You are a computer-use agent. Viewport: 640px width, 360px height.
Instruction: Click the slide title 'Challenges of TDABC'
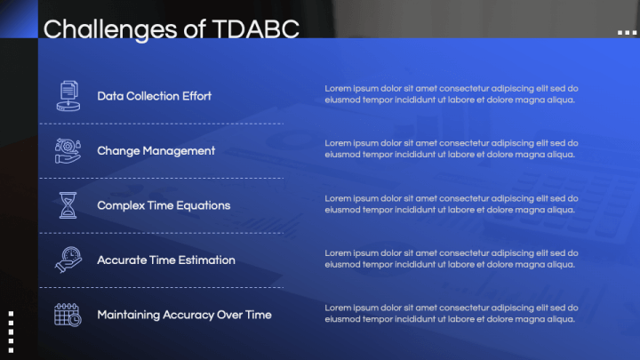[x=172, y=30]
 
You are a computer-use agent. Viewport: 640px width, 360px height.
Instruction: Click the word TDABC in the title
[x=256, y=29]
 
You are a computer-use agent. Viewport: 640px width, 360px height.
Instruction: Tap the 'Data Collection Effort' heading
[x=155, y=96]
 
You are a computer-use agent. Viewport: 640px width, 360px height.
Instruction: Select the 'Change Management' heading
[x=156, y=151]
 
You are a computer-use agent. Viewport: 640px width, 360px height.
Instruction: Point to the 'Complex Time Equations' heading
[x=164, y=205]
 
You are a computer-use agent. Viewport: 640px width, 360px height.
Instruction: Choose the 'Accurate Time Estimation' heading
[x=166, y=260]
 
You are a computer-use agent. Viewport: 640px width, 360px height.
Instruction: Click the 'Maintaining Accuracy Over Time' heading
[x=184, y=315]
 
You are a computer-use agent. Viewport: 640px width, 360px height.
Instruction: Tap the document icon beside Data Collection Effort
[x=68, y=96]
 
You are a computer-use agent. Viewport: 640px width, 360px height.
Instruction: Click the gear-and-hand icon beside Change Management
[x=68, y=150]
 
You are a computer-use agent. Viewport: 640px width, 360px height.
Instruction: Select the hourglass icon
[x=68, y=205]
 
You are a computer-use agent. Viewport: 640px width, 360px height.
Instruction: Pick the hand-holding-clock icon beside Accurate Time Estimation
[x=68, y=260]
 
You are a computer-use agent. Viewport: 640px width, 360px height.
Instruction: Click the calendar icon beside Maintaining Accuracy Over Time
[x=68, y=315]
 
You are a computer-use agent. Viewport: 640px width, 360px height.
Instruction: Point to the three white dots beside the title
[x=627, y=32]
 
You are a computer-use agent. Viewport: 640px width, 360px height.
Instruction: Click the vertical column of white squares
[x=11, y=332]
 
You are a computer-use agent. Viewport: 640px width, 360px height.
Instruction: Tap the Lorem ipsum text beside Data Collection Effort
[x=452, y=94]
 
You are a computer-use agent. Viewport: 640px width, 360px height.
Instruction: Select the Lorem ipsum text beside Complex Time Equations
[x=452, y=204]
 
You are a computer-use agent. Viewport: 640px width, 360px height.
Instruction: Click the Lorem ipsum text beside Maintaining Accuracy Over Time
[x=452, y=314]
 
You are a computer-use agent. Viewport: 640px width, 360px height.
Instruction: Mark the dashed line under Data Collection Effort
[x=161, y=124]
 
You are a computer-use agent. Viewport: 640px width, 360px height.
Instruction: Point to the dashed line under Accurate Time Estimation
[x=161, y=287]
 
